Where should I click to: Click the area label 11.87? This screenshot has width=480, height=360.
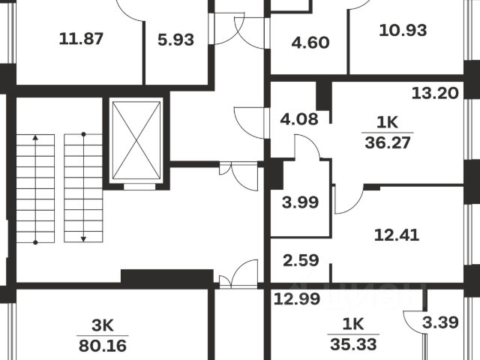coord(80,38)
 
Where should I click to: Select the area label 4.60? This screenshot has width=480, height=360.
coord(310,42)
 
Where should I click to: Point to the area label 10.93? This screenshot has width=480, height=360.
coord(403,31)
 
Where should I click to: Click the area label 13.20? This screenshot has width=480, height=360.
coord(434,94)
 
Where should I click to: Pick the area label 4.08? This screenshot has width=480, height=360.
coord(299,118)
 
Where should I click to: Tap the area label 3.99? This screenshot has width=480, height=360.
coord(300,201)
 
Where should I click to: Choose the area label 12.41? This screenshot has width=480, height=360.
coord(396,233)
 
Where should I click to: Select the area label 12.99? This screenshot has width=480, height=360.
coord(292,299)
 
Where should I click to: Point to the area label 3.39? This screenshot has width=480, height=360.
coord(437,323)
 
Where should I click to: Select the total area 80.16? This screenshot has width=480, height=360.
coord(103,346)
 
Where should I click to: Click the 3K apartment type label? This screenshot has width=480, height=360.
coord(103,326)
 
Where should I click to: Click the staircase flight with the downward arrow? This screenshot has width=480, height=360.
coord(83,186)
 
